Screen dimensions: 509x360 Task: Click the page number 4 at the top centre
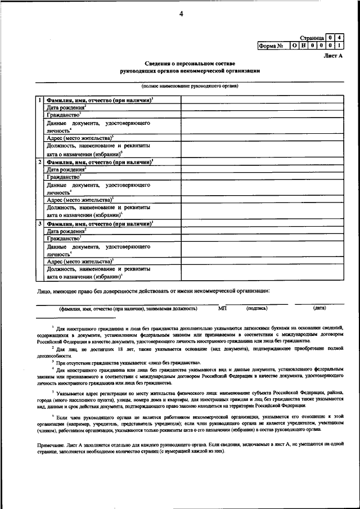181,15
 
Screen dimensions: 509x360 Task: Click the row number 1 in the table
39,100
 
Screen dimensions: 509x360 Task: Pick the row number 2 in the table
39,162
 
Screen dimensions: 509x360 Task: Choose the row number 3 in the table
39,224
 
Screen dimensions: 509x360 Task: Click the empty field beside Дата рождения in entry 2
262,169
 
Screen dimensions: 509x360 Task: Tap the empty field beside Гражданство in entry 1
262,114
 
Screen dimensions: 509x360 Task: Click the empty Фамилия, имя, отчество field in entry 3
262,224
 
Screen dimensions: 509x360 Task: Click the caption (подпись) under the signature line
256,309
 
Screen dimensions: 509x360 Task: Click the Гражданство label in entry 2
64,176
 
